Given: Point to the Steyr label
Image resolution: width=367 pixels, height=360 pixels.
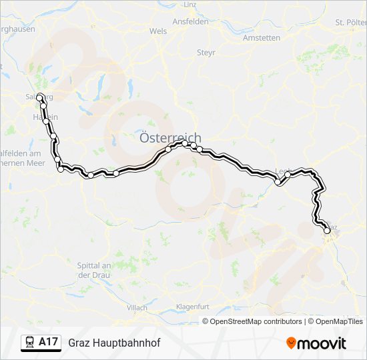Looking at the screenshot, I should [x=206, y=52].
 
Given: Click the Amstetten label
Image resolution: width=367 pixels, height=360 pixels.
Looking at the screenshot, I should [x=262, y=38].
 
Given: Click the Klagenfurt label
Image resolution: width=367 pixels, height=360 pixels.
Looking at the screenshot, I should [x=193, y=306].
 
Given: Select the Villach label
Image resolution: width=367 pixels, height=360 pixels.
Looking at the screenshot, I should [x=137, y=307].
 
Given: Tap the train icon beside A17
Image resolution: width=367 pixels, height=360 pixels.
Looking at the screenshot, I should [x=30, y=342].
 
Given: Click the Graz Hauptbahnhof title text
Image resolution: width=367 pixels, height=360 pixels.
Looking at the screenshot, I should [x=114, y=343].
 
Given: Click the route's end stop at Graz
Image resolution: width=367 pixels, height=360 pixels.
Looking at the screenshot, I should [x=326, y=231].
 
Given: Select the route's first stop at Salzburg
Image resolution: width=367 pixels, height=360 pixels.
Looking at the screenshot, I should [x=40, y=97].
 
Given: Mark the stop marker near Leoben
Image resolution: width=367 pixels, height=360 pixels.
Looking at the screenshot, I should [x=278, y=181].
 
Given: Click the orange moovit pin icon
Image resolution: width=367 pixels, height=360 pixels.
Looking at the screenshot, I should [x=292, y=343].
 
